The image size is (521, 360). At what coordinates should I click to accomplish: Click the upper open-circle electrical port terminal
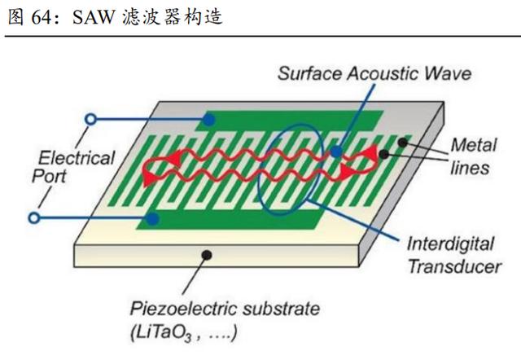click(x=90, y=119)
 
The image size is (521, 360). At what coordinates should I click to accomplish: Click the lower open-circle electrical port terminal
click(x=34, y=217)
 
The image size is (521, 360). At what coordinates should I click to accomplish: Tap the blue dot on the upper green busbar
click(x=208, y=120)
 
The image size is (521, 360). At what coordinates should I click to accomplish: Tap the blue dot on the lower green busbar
click(x=152, y=219)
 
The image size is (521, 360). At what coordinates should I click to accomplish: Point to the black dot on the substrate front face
click(x=207, y=255)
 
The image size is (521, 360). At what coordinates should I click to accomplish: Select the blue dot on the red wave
click(x=336, y=152)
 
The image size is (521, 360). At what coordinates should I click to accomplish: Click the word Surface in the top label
click(x=310, y=73)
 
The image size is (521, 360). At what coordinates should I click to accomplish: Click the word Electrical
click(x=77, y=158)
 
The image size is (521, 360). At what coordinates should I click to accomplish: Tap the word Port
click(x=49, y=176)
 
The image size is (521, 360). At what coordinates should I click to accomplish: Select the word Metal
click(x=474, y=145)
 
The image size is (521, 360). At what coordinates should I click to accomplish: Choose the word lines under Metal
click(x=470, y=168)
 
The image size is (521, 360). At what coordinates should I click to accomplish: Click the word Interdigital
click(x=450, y=244)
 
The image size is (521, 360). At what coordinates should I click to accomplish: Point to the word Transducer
click(x=454, y=266)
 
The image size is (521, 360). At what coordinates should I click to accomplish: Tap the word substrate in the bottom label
click(x=281, y=309)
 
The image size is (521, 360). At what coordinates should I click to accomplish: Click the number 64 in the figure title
click(x=42, y=17)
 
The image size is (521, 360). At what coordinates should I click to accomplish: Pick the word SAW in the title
click(x=94, y=17)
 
